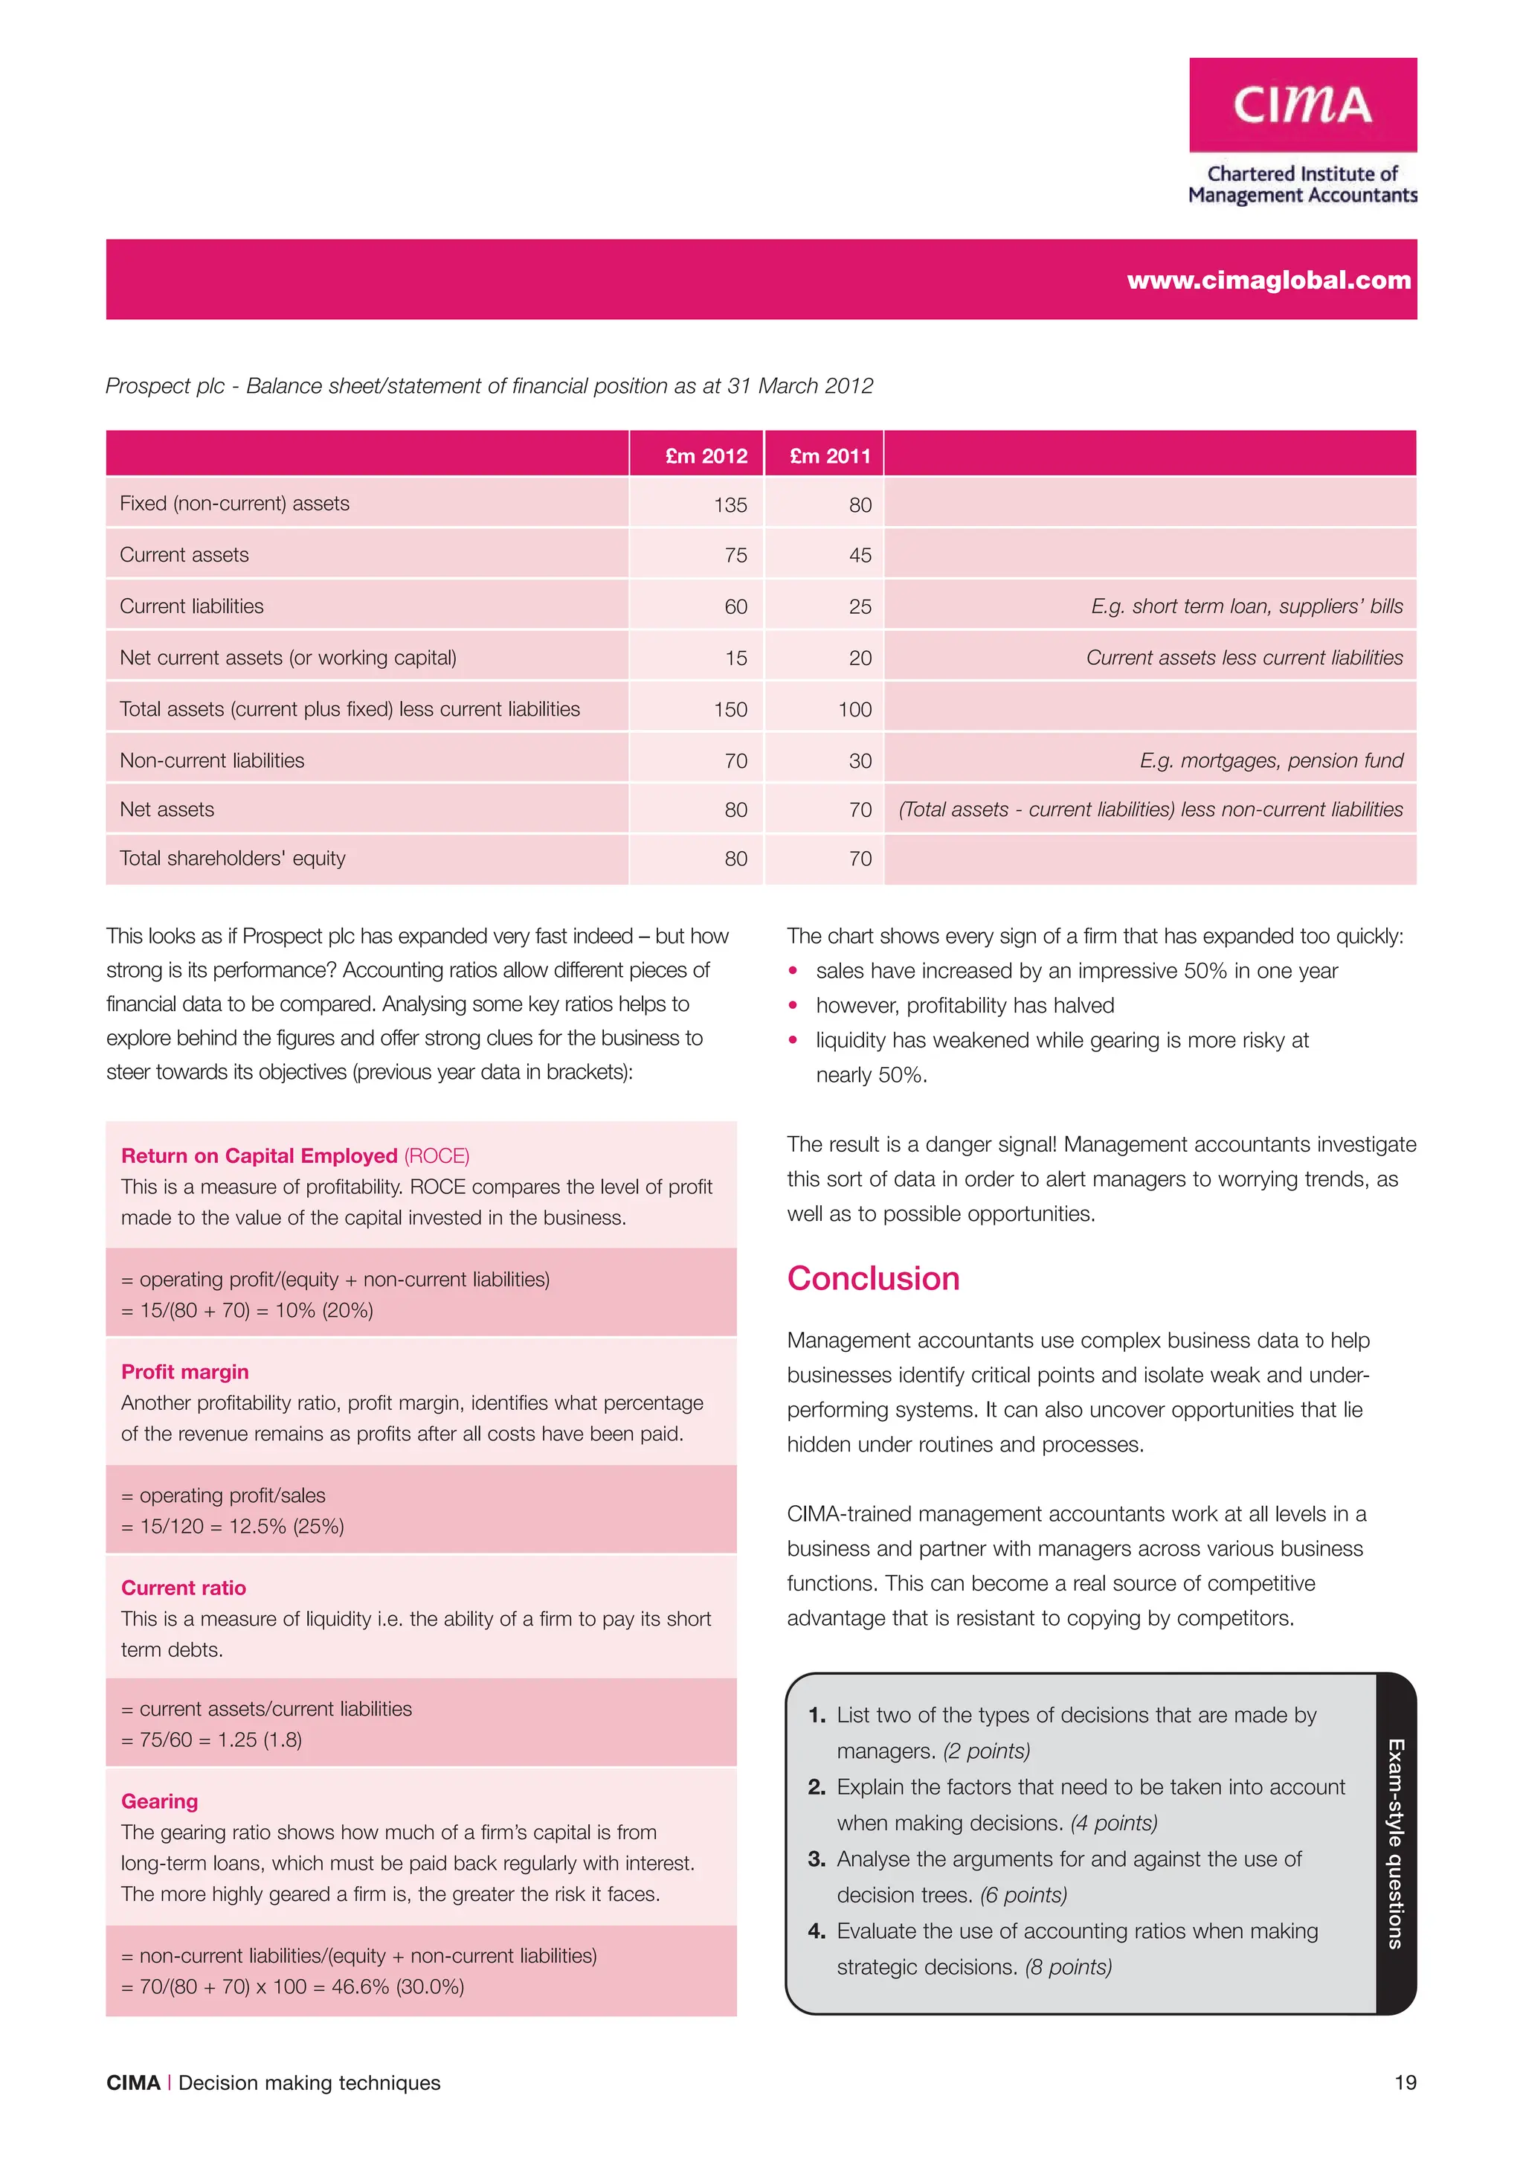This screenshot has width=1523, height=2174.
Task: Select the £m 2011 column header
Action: (x=829, y=455)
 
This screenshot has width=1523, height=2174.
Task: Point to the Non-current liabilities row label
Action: (x=212, y=760)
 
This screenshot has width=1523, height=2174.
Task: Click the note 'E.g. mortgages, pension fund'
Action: (x=1270, y=760)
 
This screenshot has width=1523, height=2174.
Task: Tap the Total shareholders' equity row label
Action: (x=232, y=858)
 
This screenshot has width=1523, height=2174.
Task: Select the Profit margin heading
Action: (x=184, y=1371)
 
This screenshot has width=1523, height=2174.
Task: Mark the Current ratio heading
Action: (x=184, y=1587)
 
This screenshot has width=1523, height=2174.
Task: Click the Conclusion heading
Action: (x=873, y=1278)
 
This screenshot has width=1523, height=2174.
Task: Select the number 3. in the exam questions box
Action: (x=816, y=1859)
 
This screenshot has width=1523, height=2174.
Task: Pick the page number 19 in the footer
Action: (x=1405, y=2082)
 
